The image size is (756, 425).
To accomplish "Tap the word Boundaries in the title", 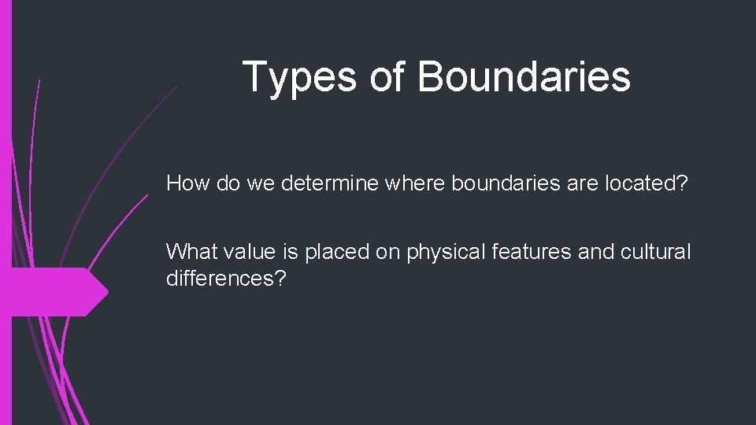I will [524, 77].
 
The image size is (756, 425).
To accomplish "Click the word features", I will [532, 253].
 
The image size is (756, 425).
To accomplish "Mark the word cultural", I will [656, 253].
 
